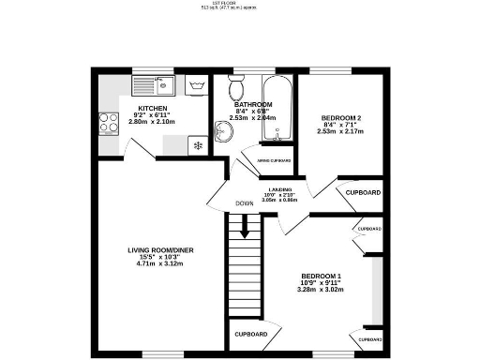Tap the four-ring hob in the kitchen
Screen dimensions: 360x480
tap(110, 122)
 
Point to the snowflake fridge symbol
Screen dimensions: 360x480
tap(197, 144)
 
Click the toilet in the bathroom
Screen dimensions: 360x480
tap(236, 90)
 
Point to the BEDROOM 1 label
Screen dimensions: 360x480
tap(320, 276)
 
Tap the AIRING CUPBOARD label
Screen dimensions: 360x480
tap(274, 160)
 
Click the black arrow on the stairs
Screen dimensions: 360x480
tap(247, 226)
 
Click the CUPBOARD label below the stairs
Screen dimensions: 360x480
tap(251, 335)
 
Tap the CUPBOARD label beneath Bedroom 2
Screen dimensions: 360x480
tap(363, 192)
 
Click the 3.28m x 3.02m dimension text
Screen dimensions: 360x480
tap(320, 291)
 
